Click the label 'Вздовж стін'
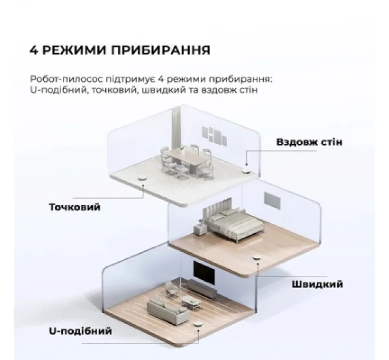[x=309, y=142]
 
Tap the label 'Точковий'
[x=75, y=207]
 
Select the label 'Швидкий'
[x=317, y=284]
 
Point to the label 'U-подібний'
[x=81, y=331]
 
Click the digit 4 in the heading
[x=33, y=50]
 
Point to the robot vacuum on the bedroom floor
[x=258, y=260]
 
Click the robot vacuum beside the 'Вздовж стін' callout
[x=247, y=170]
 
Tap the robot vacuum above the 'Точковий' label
[x=141, y=181]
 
